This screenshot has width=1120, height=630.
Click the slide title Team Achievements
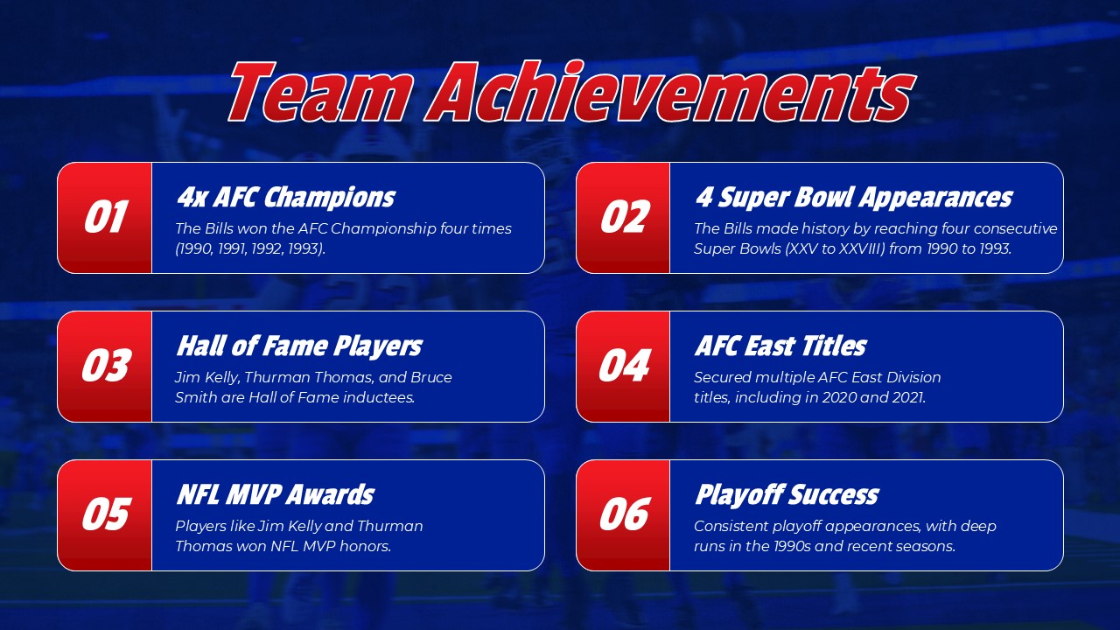tap(570, 93)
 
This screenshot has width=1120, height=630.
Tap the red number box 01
tap(105, 218)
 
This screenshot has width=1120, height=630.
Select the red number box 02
tap(623, 218)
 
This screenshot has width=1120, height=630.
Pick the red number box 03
tap(105, 367)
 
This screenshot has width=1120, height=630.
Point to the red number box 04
tap(623, 367)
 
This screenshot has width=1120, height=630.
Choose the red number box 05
tap(105, 515)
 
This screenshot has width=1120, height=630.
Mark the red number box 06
tap(623, 515)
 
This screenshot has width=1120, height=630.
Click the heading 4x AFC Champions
tap(285, 197)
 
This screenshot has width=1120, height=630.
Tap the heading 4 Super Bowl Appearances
tap(853, 197)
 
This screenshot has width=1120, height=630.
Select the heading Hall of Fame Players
tap(299, 346)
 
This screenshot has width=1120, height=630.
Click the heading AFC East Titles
tap(780, 346)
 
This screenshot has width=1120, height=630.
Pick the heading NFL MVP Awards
tap(275, 494)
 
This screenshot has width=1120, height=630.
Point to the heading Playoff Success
tap(786, 494)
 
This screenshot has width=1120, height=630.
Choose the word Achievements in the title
tap(669, 93)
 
